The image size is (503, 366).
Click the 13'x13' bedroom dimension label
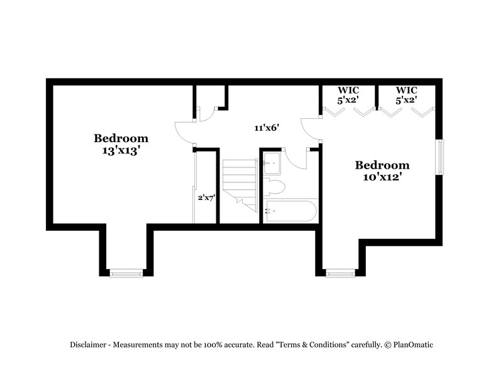pyautogui.click(x=121, y=151)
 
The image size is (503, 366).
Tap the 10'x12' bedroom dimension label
pyautogui.click(x=382, y=178)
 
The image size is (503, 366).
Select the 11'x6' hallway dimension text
pyautogui.click(x=267, y=128)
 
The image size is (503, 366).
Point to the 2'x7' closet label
pyautogui.click(x=206, y=197)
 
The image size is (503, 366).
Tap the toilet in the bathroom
pyautogui.click(x=275, y=186)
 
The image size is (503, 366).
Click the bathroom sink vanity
pyautogui.click(x=272, y=162)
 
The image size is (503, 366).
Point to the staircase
pyautogui.click(x=239, y=182)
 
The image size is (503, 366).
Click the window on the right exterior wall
pyautogui.click(x=440, y=157)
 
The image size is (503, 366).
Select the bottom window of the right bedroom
pyautogui.click(x=341, y=273)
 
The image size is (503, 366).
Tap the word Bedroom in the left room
pyautogui.click(x=121, y=138)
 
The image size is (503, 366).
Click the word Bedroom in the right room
pyautogui.click(x=382, y=165)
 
